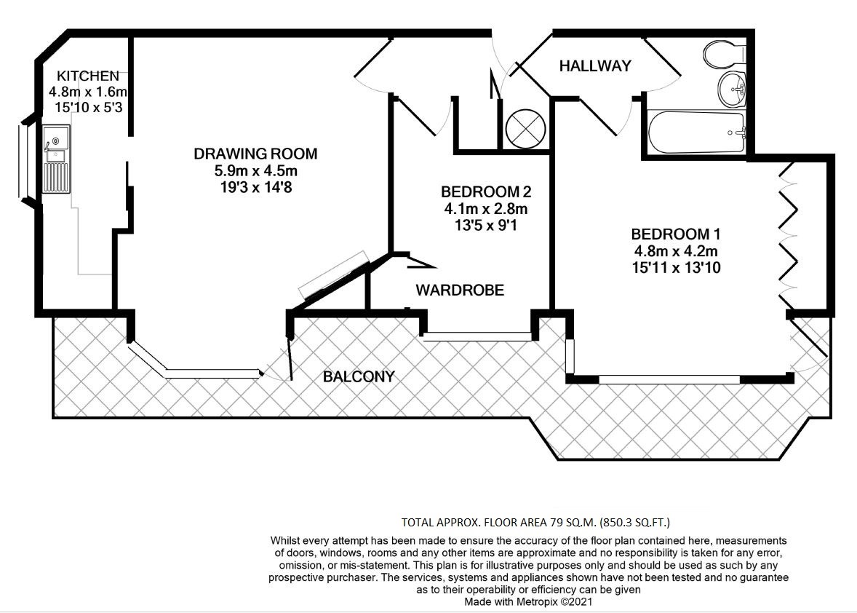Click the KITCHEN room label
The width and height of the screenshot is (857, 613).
pyautogui.click(x=88, y=76)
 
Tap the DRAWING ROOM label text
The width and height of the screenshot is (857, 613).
pyautogui.click(x=255, y=154)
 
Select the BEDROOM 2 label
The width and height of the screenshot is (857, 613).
pyautogui.click(x=486, y=192)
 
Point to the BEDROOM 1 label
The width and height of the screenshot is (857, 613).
pyautogui.click(x=675, y=234)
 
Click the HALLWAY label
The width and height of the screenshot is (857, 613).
pyautogui.click(x=594, y=66)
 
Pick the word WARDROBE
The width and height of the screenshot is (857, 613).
pyautogui.click(x=460, y=290)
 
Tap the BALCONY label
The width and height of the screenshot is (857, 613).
pyautogui.click(x=359, y=376)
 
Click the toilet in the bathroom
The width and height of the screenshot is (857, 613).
pyautogui.click(x=723, y=52)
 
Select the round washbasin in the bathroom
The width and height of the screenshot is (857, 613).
pyautogui.click(x=731, y=91)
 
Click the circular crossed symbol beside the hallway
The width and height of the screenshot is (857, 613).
pyautogui.click(x=526, y=129)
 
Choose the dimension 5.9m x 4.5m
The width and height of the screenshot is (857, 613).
pyautogui.click(x=255, y=171)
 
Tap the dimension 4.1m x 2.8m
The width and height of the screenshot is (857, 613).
pyautogui.click(x=486, y=209)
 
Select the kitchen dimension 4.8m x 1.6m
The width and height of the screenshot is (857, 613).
pyautogui.click(x=88, y=92)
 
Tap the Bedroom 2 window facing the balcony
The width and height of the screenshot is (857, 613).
pyautogui.click(x=478, y=336)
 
